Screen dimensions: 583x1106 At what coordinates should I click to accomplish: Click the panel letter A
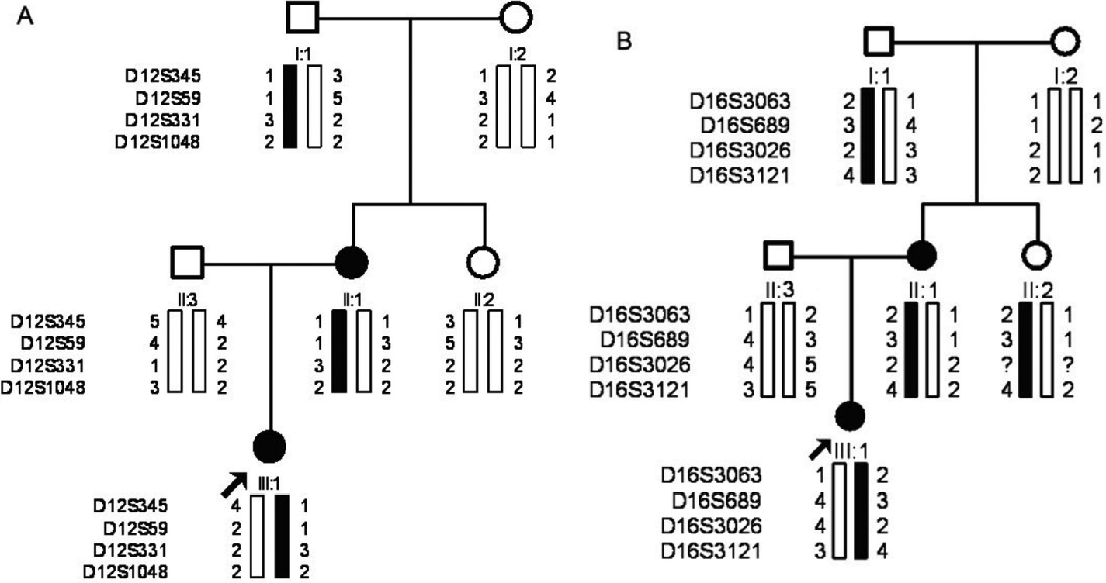(x=25, y=18)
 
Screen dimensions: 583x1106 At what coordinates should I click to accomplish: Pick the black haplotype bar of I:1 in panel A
(x=291, y=106)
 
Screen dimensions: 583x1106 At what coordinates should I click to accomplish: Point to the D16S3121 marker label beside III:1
(x=711, y=552)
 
